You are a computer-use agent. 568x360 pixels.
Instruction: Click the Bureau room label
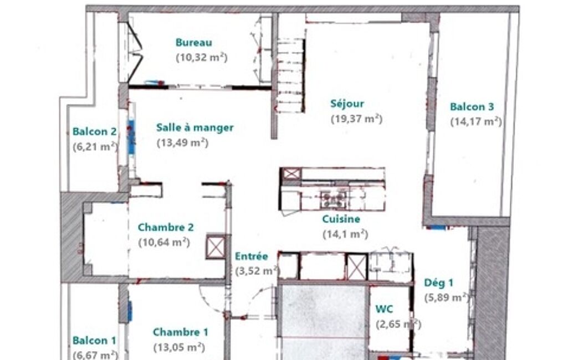(194, 43)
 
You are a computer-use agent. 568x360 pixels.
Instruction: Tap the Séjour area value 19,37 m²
(357, 119)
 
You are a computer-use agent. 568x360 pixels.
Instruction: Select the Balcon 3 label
(472, 107)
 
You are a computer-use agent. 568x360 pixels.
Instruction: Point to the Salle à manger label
(195, 127)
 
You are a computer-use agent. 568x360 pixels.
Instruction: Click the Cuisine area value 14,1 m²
(345, 234)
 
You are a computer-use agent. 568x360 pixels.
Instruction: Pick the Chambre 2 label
(166, 228)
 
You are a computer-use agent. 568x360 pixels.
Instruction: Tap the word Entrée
(252, 256)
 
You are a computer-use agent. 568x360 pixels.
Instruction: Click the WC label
(384, 309)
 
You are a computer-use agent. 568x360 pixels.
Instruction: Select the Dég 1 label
(439, 282)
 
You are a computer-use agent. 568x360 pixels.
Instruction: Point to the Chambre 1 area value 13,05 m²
(180, 347)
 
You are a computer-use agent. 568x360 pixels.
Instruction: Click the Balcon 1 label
(94, 341)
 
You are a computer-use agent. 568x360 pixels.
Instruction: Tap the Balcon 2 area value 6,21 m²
(95, 147)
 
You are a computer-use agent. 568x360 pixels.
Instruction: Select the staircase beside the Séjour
(290, 75)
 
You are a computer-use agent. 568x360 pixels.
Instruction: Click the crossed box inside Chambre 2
(216, 247)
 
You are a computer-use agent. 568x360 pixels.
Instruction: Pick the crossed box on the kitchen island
(291, 174)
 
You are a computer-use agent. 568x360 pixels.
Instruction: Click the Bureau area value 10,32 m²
(202, 58)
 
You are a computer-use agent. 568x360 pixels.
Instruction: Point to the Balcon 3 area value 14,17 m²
(476, 122)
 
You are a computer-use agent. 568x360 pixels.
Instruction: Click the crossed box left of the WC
(357, 268)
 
